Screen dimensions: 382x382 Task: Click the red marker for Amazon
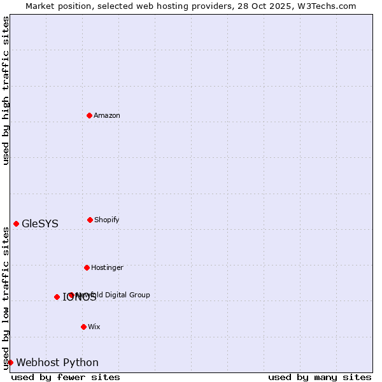point(89,115)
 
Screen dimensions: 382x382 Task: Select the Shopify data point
point(90,220)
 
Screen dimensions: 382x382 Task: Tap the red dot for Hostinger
point(87,267)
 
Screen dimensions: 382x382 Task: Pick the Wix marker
point(83,327)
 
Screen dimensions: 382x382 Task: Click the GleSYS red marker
point(16,223)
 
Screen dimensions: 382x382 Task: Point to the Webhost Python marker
point(10,362)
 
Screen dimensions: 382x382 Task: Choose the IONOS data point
point(57,297)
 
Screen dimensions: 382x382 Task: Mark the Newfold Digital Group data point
point(71,295)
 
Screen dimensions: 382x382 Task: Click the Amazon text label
point(107,115)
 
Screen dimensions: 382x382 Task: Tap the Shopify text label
point(107,220)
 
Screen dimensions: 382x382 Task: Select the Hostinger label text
point(107,267)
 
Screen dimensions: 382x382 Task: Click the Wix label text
point(94,327)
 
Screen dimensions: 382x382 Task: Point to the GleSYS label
point(40,223)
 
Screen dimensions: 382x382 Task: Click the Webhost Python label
point(57,362)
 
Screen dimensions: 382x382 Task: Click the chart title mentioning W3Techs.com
point(191,6)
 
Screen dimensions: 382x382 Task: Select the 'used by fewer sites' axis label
point(66,377)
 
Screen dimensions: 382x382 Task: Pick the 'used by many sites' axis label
point(320,377)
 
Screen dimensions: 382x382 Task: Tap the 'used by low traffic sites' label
point(6,298)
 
